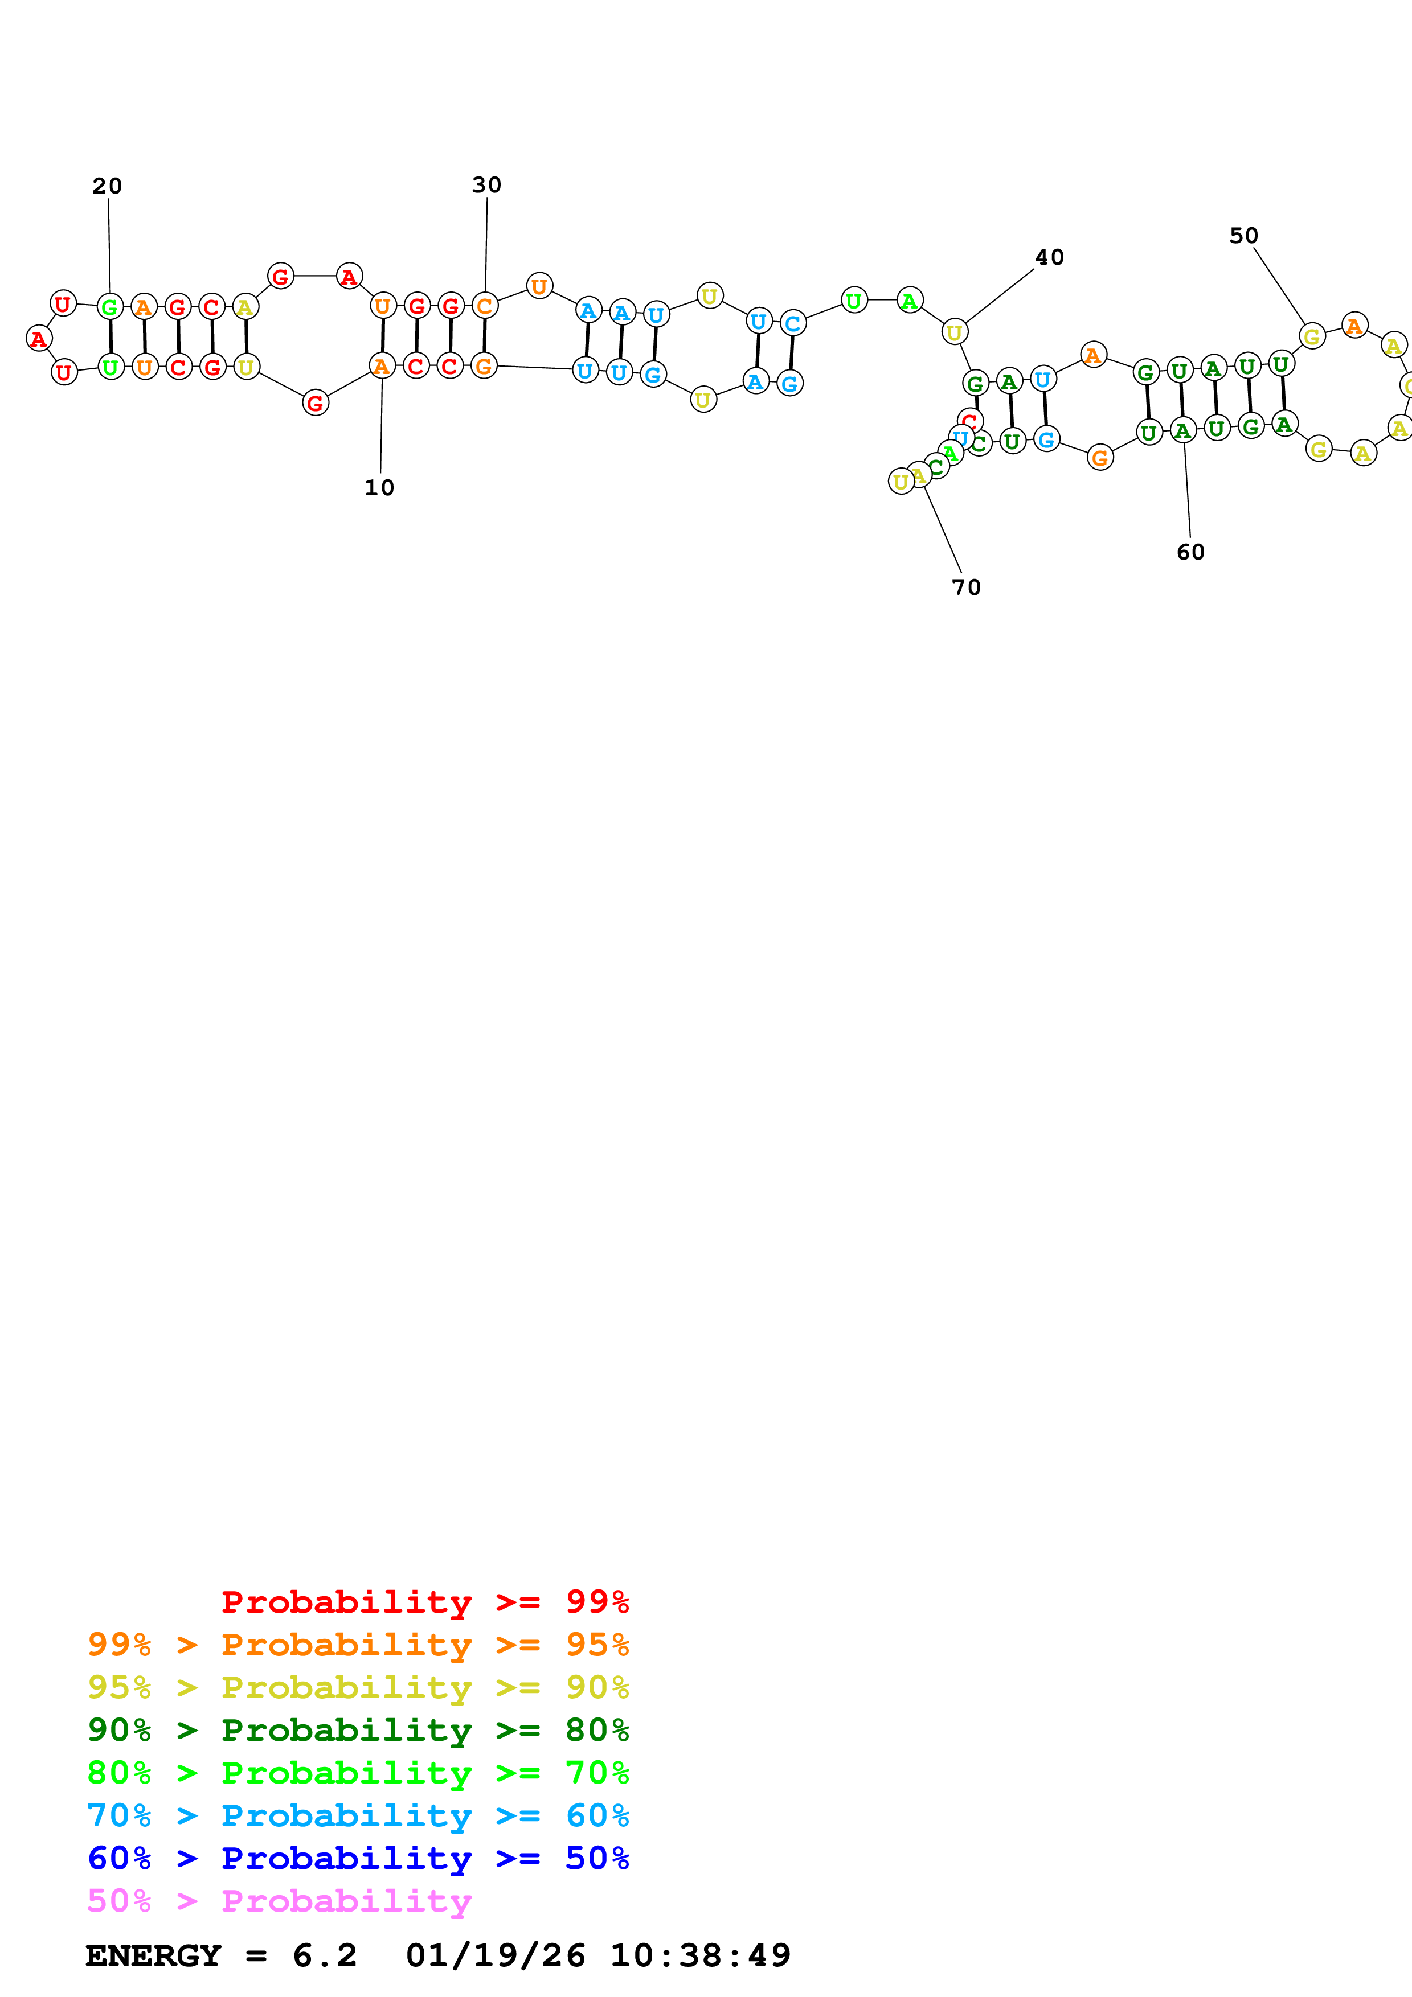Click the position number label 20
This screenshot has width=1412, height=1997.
coord(107,186)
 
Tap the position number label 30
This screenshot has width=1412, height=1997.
coord(486,185)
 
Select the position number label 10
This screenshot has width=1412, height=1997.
coord(379,488)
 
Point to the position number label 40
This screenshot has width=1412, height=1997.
coord(1049,257)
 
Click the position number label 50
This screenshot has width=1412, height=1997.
coord(1243,236)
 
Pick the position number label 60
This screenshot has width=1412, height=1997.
coord(1190,552)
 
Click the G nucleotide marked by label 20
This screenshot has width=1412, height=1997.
coord(109,307)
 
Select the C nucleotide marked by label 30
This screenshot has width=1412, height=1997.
coord(485,306)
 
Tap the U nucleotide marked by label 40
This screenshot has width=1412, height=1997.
coord(955,332)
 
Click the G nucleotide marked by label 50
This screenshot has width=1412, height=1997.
coord(1311,336)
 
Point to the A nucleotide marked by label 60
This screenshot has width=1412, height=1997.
coord(1181,430)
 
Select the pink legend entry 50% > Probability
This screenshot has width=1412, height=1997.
coord(279,1901)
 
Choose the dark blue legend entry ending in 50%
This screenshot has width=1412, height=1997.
coord(358,1859)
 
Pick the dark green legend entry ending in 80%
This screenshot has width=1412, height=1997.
coord(358,1730)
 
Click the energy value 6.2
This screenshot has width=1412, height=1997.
coord(325,1956)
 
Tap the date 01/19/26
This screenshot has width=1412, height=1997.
coord(495,1956)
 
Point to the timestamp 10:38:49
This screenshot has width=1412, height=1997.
coord(701,1956)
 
